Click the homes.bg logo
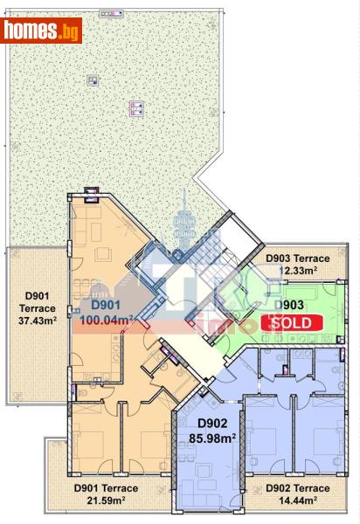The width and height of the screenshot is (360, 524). click(42, 31)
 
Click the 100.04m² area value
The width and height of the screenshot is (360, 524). click(107, 321)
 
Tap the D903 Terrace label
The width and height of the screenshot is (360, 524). click(297, 259)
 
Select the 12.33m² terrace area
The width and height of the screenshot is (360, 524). click(297, 271)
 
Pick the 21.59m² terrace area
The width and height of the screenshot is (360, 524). click(106, 500)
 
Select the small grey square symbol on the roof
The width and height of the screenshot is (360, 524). click(92, 81)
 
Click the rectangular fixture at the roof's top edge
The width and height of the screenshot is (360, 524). click(111, 15)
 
